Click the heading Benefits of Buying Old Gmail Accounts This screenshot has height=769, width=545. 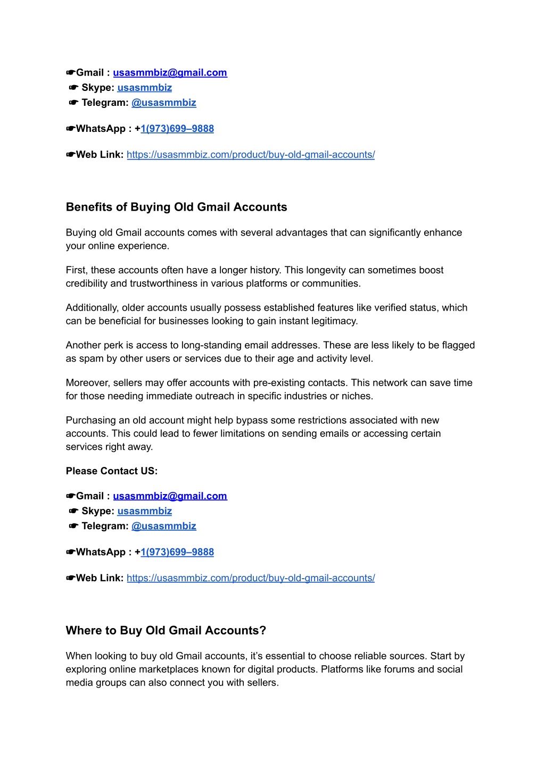pyautogui.click(x=176, y=207)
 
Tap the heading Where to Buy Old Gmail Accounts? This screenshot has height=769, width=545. pyautogui.click(x=166, y=630)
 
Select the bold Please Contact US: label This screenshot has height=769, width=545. pyautogui.click(x=112, y=471)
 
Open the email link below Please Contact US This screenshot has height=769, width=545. pyautogui.click(x=170, y=496)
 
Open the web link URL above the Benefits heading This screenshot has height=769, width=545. pyautogui.click(x=251, y=155)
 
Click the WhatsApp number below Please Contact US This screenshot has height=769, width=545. pyautogui.click(x=177, y=552)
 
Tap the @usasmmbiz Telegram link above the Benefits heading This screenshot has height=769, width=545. pyautogui.click(x=164, y=103)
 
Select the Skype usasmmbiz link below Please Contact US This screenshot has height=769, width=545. pyautogui.click(x=145, y=511)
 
